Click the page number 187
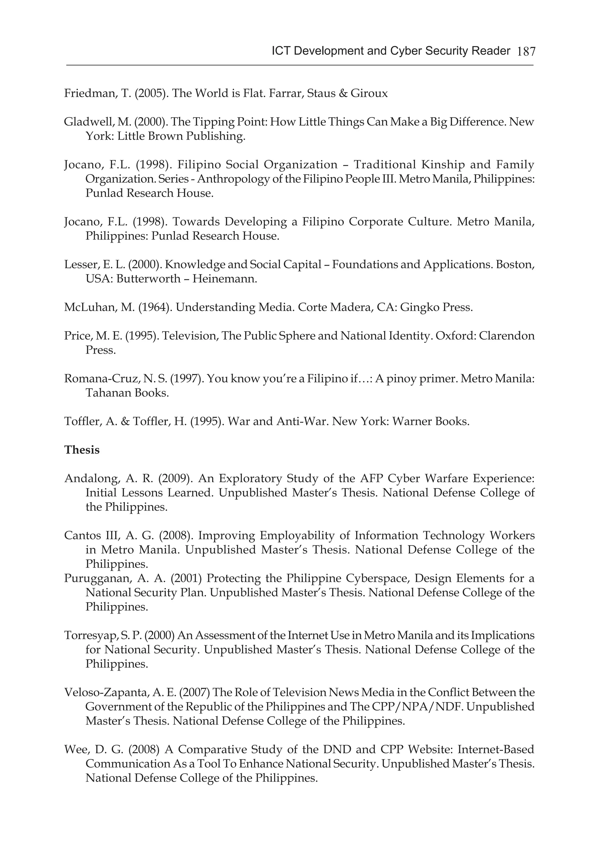pos(526,51)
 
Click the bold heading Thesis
pos(82,450)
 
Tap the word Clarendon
pos(507,336)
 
